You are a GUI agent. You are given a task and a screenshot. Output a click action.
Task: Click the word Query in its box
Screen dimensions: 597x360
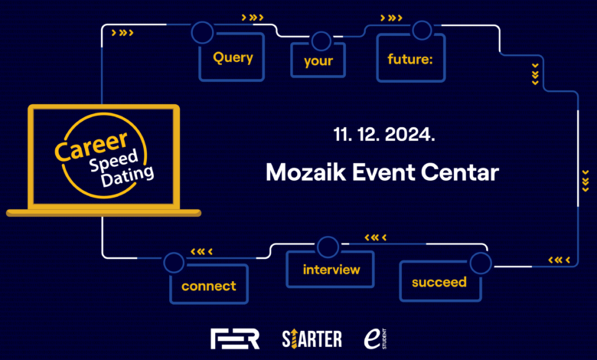point(233,57)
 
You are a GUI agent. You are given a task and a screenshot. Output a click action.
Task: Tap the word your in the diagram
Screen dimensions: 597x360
point(318,61)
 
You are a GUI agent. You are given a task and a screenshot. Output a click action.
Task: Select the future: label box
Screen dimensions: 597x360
point(411,57)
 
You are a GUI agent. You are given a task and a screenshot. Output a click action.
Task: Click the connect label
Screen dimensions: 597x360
point(209,286)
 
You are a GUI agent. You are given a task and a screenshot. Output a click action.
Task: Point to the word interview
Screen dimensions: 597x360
point(331,270)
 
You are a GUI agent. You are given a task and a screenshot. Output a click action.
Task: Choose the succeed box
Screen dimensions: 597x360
point(441,281)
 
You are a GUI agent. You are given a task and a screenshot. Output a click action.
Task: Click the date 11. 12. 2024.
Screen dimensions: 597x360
point(384,135)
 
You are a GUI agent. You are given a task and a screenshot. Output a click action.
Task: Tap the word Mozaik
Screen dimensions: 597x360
point(305,172)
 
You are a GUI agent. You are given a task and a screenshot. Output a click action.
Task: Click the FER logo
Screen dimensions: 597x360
point(235,339)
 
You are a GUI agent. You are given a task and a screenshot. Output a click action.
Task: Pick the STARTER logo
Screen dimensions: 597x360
point(312,339)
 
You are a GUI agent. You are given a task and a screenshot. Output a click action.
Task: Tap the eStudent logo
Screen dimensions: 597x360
point(375,339)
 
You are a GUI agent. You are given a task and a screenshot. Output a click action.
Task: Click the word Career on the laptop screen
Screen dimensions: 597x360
point(91,146)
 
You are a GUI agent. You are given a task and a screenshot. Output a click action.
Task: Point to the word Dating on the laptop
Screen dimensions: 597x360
point(127,176)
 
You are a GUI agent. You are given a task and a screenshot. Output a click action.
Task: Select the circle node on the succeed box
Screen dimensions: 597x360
point(481,263)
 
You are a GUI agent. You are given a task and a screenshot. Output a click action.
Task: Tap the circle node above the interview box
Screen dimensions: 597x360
point(328,247)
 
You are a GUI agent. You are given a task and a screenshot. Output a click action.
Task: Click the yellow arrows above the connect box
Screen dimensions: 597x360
point(201,251)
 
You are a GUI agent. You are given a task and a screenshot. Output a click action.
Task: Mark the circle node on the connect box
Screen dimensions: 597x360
point(174,263)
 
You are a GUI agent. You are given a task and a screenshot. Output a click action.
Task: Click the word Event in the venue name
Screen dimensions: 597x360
point(383,172)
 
